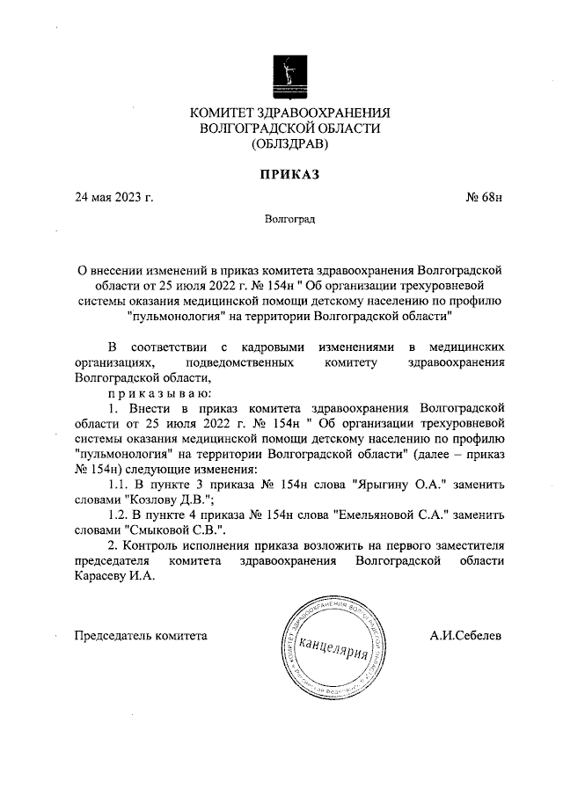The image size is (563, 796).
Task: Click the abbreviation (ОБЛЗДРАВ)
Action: click(x=289, y=142)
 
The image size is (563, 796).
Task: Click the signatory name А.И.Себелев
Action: click(x=466, y=635)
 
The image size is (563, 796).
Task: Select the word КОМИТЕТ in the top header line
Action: click(x=224, y=112)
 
